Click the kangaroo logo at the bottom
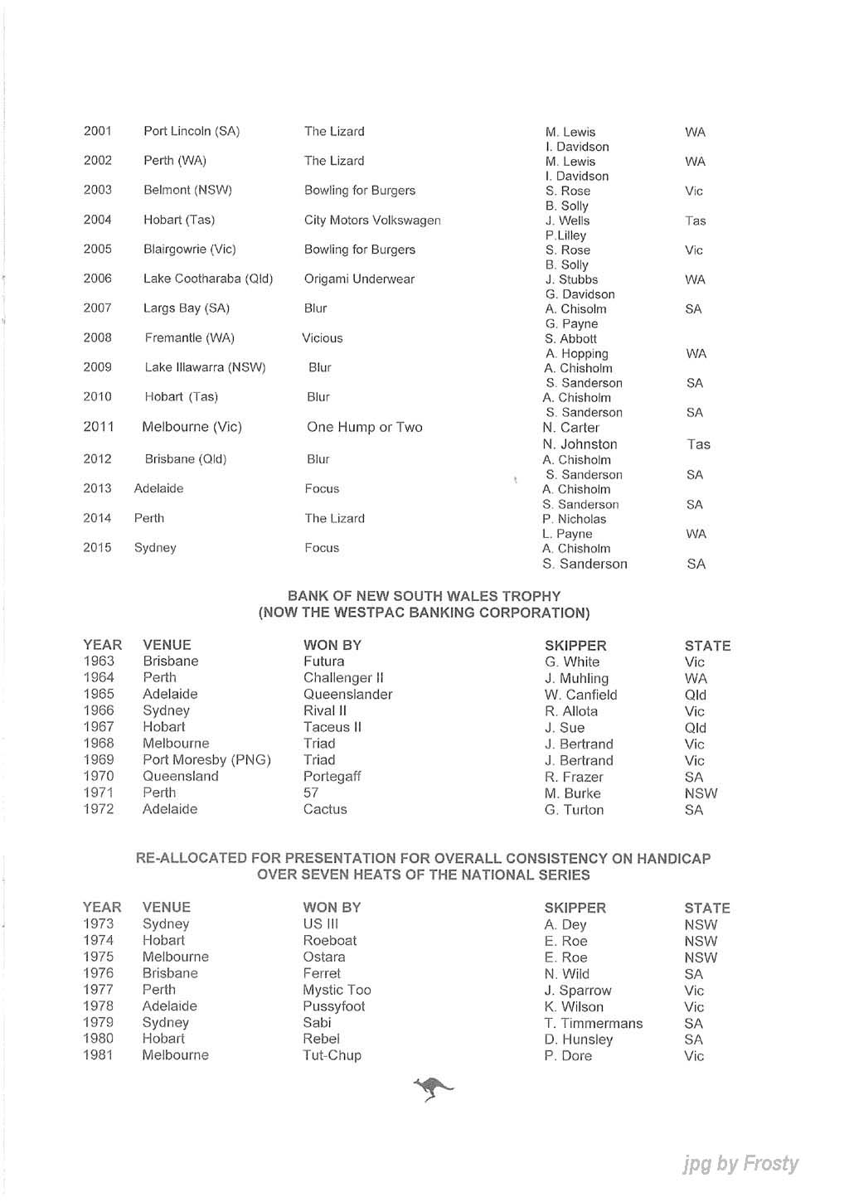(x=433, y=1088)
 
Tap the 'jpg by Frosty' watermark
(x=740, y=1164)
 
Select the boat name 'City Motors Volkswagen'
(x=372, y=221)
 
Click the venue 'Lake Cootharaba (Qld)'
(x=208, y=279)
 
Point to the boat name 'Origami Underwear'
(x=359, y=279)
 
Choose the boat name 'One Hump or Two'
(x=365, y=428)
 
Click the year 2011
(x=99, y=427)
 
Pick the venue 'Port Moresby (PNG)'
(x=206, y=760)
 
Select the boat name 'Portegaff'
(x=332, y=777)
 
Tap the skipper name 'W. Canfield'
(x=580, y=695)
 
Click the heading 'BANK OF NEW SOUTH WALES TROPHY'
(x=424, y=596)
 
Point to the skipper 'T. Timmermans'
(x=593, y=1024)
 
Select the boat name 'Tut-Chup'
(x=332, y=1056)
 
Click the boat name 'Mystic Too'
(x=337, y=991)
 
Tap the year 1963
(x=99, y=662)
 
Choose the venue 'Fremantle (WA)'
(x=189, y=338)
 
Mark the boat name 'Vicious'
(x=323, y=338)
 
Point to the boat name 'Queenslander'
(x=347, y=695)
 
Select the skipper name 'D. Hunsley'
(x=578, y=1040)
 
